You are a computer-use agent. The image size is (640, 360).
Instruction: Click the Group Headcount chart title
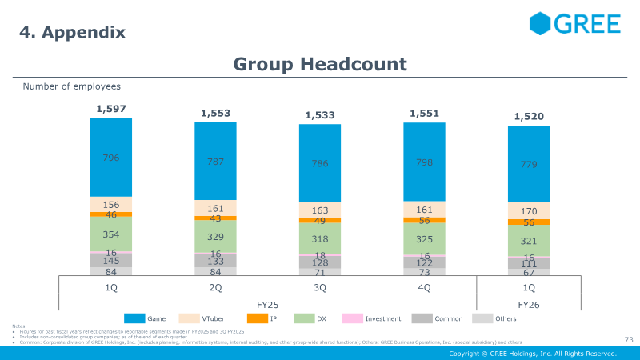(x=320, y=64)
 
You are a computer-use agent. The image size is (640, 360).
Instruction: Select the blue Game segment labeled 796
(x=111, y=158)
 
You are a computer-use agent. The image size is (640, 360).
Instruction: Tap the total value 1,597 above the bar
(x=111, y=109)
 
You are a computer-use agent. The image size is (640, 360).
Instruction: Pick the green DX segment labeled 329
(x=215, y=237)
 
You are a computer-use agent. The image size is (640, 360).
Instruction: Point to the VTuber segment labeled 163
(x=320, y=211)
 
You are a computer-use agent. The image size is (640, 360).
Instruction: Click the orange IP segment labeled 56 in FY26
(x=529, y=222)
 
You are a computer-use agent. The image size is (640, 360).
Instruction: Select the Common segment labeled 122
(x=425, y=262)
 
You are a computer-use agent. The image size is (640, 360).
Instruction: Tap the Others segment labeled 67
(x=529, y=272)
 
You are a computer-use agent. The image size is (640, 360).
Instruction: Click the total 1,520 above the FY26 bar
(x=529, y=117)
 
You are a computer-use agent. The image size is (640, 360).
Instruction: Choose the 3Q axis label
(x=320, y=287)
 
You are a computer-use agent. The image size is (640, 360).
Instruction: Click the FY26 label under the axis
(x=529, y=304)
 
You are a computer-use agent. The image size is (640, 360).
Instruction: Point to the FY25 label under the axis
(x=268, y=304)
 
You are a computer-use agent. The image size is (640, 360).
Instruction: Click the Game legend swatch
(x=134, y=318)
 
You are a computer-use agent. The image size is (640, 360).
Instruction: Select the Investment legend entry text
(x=383, y=318)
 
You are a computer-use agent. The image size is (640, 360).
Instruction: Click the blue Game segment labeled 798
(x=425, y=162)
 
